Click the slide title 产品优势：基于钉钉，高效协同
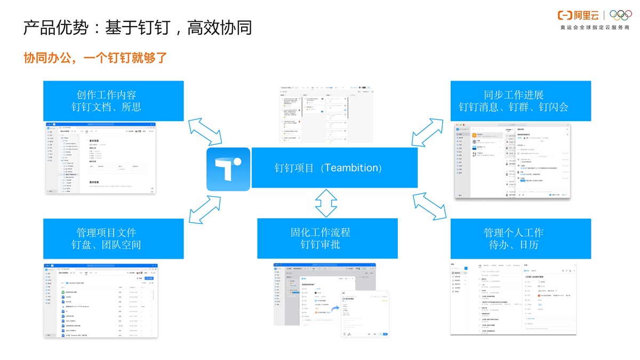point(137,28)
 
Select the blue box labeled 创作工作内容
point(114,101)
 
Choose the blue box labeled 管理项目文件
point(114,238)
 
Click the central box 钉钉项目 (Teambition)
point(334,168)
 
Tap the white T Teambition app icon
point(228,169)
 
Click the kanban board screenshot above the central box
point(319,114)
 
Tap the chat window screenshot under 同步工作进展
point(512,161)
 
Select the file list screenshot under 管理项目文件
point(101,300)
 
